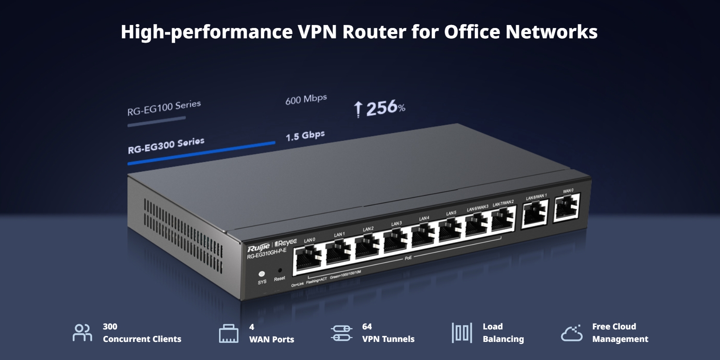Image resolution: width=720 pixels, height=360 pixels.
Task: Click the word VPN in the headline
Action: point(317,32)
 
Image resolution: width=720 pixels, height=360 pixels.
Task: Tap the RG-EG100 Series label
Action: point(164,108)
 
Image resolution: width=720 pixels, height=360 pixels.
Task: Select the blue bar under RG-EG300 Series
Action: point(201,153)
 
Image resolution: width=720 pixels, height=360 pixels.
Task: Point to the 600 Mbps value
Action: point(306,99)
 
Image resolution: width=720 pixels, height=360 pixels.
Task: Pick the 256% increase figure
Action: point(380,108)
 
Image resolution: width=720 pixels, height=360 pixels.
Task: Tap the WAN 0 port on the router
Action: point(567,207)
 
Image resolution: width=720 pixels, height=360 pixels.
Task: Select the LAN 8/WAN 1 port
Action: point(535,213)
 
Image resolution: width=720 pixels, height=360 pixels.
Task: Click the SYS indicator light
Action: point(261,274)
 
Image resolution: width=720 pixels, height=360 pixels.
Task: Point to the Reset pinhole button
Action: point(280,271)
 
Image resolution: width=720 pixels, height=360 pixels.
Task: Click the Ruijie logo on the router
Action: point(258,248)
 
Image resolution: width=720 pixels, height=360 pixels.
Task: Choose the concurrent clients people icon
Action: point(82,333)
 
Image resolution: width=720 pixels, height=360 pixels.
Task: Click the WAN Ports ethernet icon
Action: point(229,334)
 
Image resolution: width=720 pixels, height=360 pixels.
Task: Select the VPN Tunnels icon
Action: point(342,333)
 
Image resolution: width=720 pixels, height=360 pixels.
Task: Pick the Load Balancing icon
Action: point(462,333)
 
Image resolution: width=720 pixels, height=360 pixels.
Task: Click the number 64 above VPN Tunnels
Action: point(367,326)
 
